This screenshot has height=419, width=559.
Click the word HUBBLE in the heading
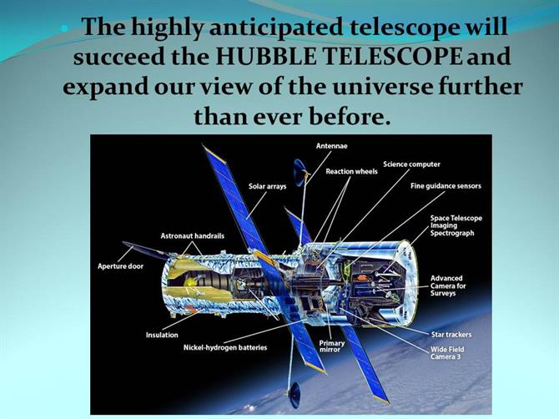(265, 57)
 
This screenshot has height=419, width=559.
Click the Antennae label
(331, 146)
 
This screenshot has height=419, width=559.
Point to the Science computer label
(411, 164)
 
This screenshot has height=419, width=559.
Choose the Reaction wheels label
(351, 171)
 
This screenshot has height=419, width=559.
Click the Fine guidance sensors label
(446, 186)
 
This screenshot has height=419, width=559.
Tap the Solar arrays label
(267, 186)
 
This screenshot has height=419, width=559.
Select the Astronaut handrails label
(192, 235)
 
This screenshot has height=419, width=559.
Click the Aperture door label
(120, 266)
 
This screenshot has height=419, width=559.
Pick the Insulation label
(162, 335)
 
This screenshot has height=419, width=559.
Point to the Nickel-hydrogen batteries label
(225, 347)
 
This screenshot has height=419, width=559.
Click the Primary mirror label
(331, 346)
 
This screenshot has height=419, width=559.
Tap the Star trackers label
(451, 335)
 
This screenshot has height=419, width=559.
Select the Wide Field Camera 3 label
(447, 353)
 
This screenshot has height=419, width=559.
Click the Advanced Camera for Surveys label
(448, 285)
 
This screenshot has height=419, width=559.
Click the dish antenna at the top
(300, 172)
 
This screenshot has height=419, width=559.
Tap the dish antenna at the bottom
(295, 395)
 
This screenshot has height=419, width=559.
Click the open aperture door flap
(145, 250)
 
